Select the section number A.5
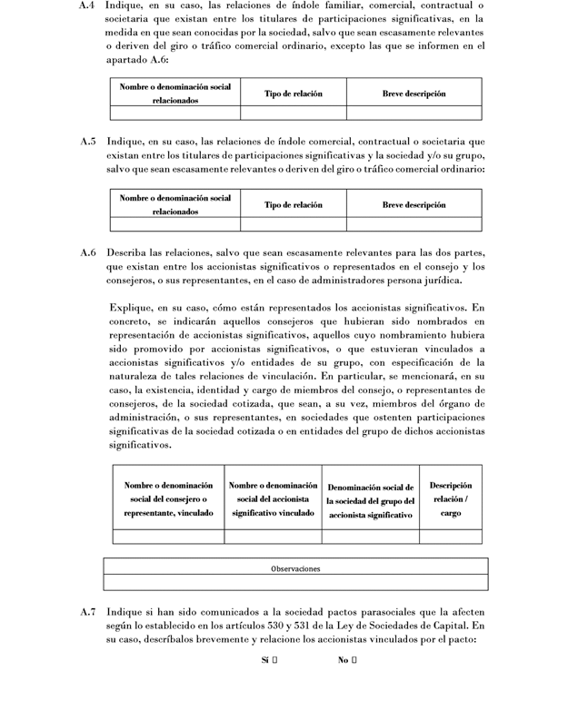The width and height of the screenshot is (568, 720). pyautogui.click(x=88, y=143)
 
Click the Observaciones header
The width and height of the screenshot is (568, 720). pyautogui.click(x=295, y=568)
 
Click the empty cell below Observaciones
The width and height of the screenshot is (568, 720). pyautogui.click(x=295, y=582)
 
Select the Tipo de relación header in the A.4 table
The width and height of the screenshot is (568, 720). pyautogui.click(x=293, y=94)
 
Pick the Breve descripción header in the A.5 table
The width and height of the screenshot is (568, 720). pyautogui.click(x=414, y=205)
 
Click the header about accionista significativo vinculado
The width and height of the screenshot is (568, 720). pyautogui.click(x=274, y=499)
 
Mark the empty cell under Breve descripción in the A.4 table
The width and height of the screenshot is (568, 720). pyautogui.click(x=414, y=113)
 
